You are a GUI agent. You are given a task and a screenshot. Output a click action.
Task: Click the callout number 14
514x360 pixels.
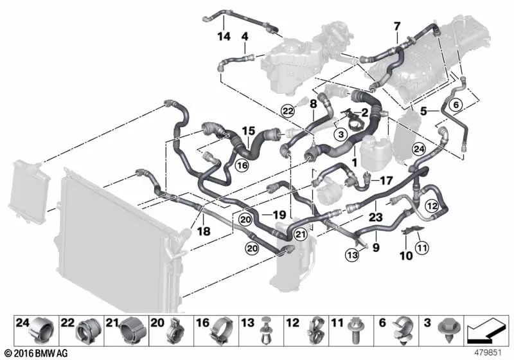point(224,37)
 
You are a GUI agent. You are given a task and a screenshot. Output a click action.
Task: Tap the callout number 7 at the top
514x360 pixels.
point(397,26)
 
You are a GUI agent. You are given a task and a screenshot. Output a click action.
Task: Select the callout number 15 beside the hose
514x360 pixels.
point(248,131)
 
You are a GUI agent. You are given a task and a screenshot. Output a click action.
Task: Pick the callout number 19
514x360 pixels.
point(278,214)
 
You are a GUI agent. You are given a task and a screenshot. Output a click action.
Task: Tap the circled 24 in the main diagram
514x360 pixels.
point(419,149)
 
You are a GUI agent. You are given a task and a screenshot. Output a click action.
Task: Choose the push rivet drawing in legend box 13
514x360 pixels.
point(265,332)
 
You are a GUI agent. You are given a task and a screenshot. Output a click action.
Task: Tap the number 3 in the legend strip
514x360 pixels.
point(425,321)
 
